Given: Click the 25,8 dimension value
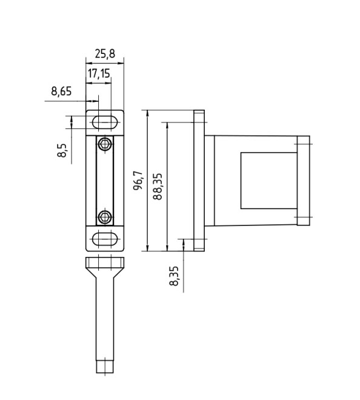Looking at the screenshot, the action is tap(105, 54).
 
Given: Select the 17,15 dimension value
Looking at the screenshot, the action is tap(99, 73).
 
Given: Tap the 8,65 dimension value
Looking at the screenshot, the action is tap(61, 91).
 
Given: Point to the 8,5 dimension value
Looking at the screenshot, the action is tap(62, 151).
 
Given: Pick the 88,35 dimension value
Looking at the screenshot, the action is tap(158, 187).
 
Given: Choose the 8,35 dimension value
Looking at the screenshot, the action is tap(174, 276).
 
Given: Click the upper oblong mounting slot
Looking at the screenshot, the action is tap(105, 122).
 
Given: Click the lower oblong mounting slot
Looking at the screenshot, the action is tap(105, 239).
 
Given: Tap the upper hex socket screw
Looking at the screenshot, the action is tap(105, 144).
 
